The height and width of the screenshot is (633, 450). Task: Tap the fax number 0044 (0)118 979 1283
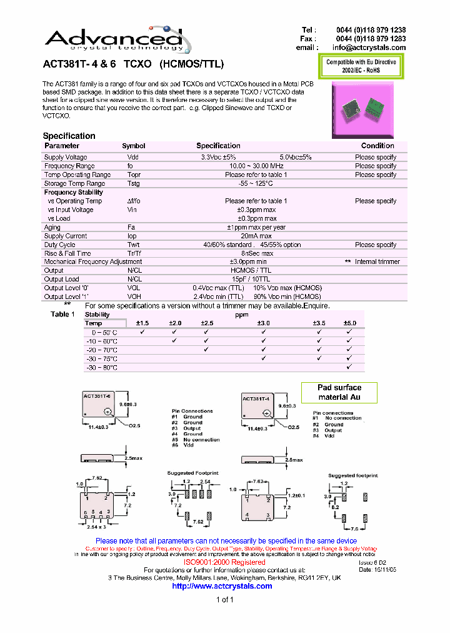[x=371, y=39]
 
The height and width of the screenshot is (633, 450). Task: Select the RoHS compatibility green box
[x=361, y=66]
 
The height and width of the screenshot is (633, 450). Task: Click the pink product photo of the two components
[x=363, y=109]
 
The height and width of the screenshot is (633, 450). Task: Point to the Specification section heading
[x=69, y=136]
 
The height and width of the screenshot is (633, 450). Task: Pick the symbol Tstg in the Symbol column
[x=134, y=183]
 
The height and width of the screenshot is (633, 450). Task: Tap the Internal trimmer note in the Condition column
[x=377, y=261]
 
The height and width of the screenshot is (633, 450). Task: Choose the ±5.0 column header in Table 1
[x=349, y=323]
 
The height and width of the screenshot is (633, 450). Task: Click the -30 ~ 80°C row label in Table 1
[x=101, y=368]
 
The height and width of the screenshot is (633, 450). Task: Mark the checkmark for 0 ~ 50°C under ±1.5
[x=142, y=332]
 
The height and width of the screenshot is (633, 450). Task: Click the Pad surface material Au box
[x=339, y=392]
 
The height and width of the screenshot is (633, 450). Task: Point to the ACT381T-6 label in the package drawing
[x=97, y=397]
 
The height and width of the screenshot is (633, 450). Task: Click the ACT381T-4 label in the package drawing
[x=256, y=398]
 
